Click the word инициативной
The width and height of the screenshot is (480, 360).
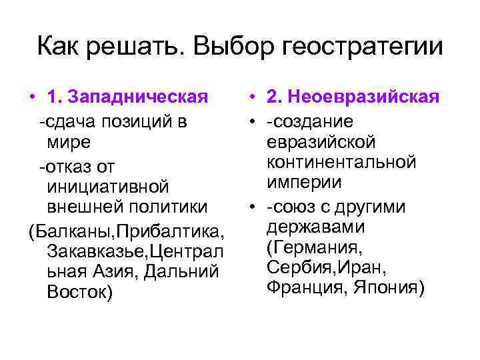pos(108,185)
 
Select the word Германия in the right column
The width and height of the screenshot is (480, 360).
pos(313,247)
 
